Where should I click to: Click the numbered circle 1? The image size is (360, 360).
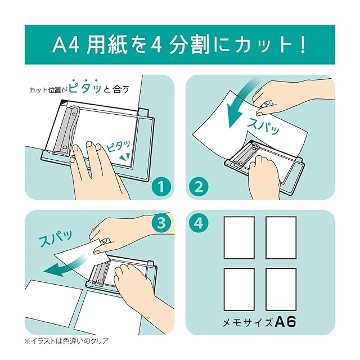(x=161, y=186)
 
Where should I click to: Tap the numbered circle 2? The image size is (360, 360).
(x=199, y=186)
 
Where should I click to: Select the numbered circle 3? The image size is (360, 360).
(x=161, y=223)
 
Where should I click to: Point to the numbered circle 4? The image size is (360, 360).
(x=199, y=223)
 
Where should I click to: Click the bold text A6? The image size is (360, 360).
(x=285, y=322)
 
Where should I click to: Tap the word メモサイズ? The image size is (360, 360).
(x=248, y=322)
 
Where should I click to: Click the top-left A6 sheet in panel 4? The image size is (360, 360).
(x=239, y=237)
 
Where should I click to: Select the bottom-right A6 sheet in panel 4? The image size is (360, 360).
(x=281, y=289)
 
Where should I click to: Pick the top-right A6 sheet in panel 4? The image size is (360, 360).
(x=281, y=237)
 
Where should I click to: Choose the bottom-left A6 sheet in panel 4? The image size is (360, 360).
(x=239, y=289)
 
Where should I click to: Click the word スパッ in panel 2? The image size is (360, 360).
(x=263, y=125)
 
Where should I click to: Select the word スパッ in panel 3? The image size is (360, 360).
(x=56, y=237)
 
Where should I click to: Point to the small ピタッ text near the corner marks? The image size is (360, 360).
(x=119, y=146)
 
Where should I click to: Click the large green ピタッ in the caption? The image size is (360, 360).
(x=85, y=86)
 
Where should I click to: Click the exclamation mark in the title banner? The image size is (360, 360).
(x=303, y=45)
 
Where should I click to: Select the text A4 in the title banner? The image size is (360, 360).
(x=66, y=45)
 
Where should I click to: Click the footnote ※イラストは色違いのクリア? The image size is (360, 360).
(x=66, y=341)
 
